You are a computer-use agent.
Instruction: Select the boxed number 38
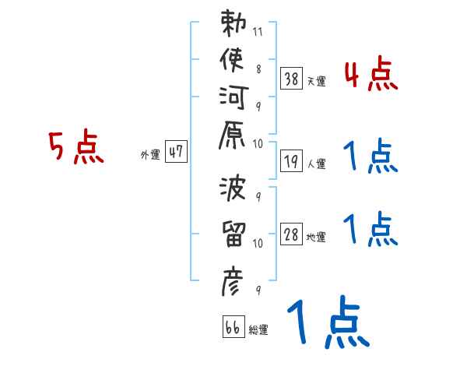pos(291,78)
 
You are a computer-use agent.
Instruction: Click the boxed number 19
pos(291,161)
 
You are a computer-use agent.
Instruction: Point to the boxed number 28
pos(291,234)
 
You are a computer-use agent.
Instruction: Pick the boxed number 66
pos(233,326)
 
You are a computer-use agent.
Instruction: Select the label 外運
pos(150,155)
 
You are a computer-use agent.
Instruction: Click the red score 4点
pos(371,76)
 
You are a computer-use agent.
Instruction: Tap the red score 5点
pos(76,147)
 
